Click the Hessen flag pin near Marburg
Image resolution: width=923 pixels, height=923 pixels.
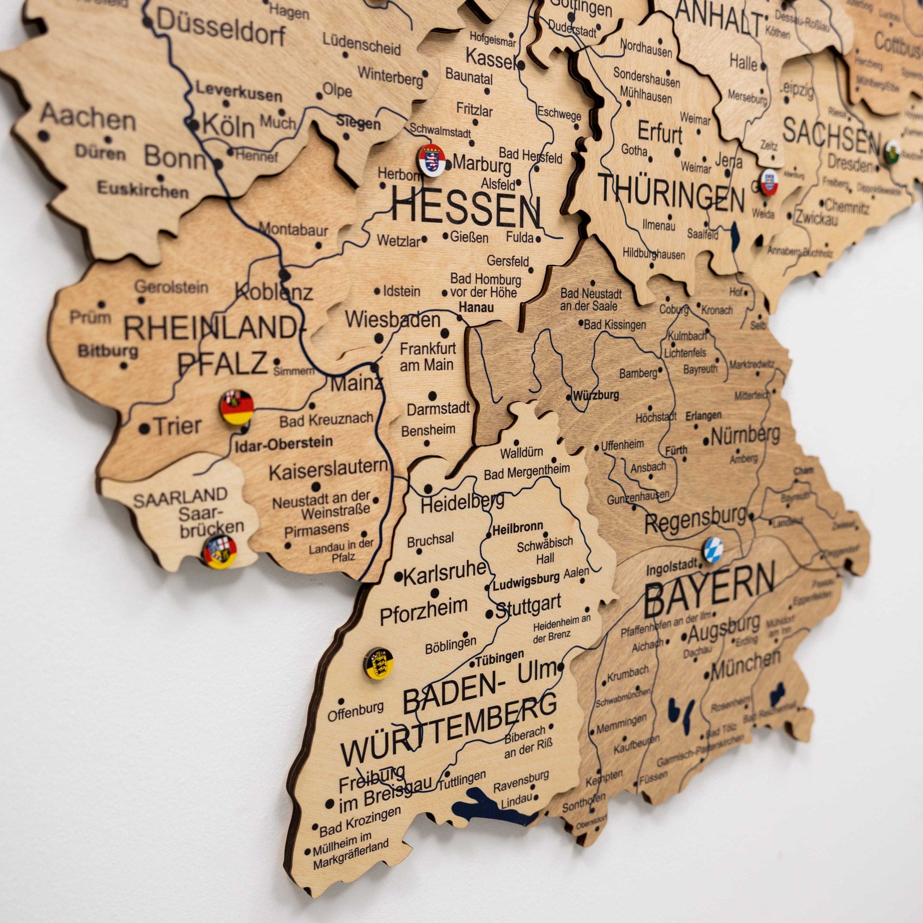click(x=432, y=160)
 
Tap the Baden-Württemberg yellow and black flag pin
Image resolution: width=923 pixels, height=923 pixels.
click(x=378, y=663)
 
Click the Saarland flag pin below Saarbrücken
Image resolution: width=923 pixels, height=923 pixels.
click(x=219, y=552)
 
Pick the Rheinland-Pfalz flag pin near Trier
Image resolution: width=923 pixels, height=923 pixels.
click(x=237, y=407)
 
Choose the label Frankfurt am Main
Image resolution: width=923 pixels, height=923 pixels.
click(x=428, y=356)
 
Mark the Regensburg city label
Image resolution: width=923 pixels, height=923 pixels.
click(x=695, y=521)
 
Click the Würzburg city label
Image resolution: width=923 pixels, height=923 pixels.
click(x=596, y=396)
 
